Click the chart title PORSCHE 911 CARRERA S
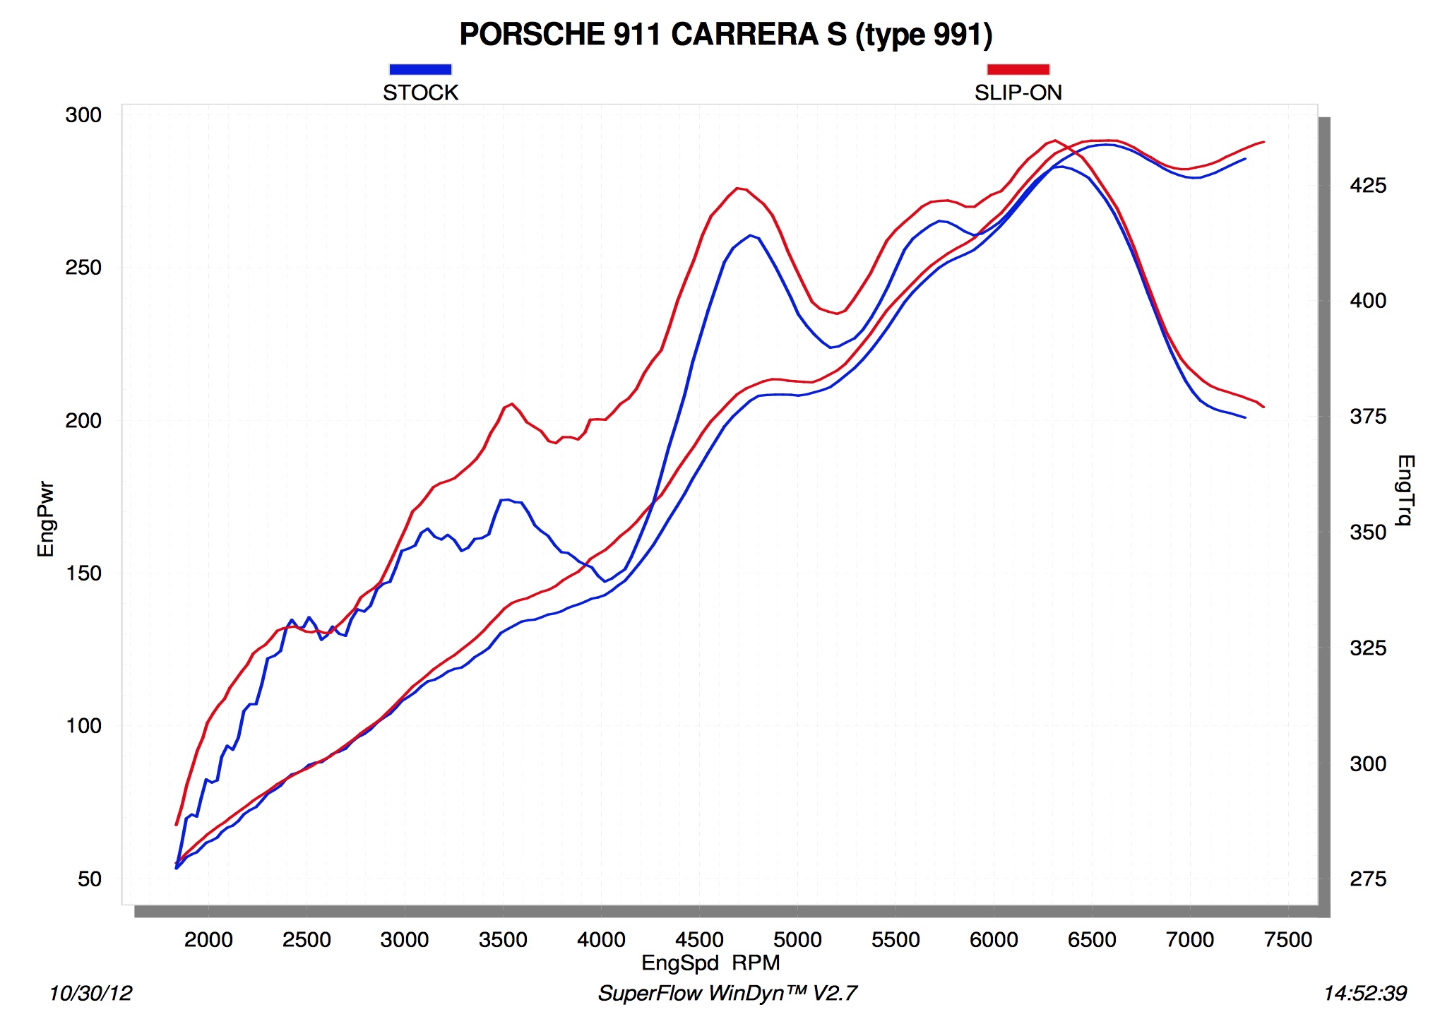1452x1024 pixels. click(725, 35)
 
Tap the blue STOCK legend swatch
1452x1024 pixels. click(420, 69)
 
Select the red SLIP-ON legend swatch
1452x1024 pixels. click(1018, 69)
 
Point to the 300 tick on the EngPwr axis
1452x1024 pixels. click(83, 115)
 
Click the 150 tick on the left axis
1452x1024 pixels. click(83, 573)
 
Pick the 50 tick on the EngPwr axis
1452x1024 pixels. click(90, 879)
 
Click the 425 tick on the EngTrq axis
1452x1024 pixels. click(1368, 186)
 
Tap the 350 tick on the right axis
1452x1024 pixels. click(1368, 532)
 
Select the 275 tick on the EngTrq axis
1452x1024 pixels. click(1368, 879)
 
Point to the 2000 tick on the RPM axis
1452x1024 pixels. click(208, 940)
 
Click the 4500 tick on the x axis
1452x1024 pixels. click(699, 940)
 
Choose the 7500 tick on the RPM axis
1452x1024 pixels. click(1288, 940)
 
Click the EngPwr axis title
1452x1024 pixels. click(46, 519)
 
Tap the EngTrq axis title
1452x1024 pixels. click(1405, 490)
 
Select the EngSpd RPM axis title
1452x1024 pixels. click(710, 963)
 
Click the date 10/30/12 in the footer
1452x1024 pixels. click(90, 994)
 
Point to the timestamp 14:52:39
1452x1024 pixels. click(1365, 994)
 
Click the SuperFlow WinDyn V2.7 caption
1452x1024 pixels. click(727, 994)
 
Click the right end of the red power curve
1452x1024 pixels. click(1263, 142)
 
